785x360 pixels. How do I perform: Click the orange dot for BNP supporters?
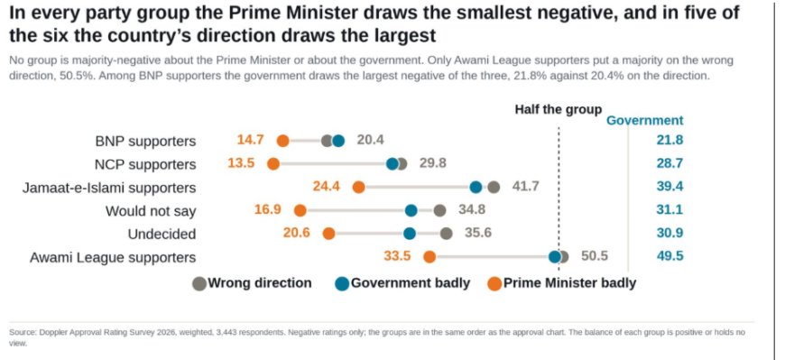click(x=282, y=141)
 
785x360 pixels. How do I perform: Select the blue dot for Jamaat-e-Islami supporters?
click(x=476, y=188)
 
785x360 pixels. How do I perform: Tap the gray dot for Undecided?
click(x=447, y=234)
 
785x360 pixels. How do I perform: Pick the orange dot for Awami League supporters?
click(x=429, y=257)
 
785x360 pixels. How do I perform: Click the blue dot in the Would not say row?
click(x=411, y=211)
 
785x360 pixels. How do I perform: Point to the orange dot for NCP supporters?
click(x=273, y=163)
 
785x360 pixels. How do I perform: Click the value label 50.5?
click(x=595, y=256)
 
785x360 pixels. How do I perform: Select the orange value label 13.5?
click(x=241, y=163)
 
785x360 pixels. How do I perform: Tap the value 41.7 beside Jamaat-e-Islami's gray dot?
click(x=526, y=187)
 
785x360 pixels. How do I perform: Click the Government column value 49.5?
click(x=670, y=256)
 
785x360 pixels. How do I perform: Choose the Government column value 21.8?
click(x=670, y=140)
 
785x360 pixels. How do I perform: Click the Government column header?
click(x=645, y=121)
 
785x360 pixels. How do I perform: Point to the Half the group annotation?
click(x=559, y=110)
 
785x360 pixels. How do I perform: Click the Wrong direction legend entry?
click(x=253, y=283)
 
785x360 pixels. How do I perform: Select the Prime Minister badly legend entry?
click(x=562, y=283)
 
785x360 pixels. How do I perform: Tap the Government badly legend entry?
click(x=403, y=283)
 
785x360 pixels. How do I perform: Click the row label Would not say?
click(x=150, y=211)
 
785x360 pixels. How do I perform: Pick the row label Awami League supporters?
click(x=113, y=257)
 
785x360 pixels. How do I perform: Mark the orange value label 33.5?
click(x=397, y=256)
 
